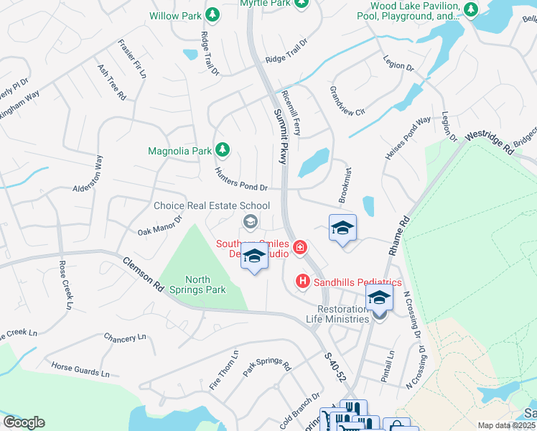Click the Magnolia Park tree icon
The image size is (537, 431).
click(223, 149)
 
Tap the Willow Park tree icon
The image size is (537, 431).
click(212, 14)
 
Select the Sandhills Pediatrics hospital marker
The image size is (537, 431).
click(303, 282)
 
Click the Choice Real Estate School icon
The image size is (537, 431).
click(250, 221)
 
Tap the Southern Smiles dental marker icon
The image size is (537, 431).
click(299, 249)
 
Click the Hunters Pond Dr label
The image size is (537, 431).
click(241, 179)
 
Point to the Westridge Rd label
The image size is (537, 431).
click(489, 142)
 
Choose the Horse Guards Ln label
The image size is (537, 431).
click(80, 370)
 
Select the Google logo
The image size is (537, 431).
click(24, 422)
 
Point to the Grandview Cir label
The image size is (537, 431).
click(347, 102)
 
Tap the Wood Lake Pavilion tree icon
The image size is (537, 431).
click(470, 9)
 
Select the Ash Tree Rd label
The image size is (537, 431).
click(112, 80)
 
